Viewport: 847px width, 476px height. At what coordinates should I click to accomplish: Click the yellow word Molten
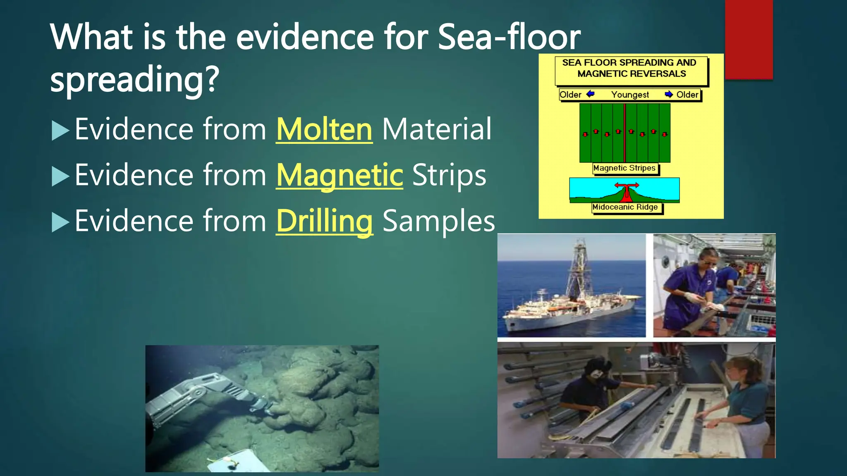tap(324, 130)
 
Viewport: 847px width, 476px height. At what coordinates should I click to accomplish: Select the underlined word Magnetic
tap(339, 176)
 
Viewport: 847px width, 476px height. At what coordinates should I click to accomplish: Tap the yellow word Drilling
tap(324, 221)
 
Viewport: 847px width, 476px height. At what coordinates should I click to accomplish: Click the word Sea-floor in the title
tap(509, 37)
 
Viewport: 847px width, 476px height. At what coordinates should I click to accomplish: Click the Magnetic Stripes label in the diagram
tap(624, 168)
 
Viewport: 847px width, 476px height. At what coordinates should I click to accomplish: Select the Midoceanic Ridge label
tap(625, 207)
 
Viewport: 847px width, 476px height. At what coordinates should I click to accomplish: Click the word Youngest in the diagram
tap(630, 95)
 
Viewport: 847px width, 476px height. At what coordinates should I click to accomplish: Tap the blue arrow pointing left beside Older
tap(591, 94)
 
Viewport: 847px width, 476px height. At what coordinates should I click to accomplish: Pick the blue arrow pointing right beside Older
tap(669, 94)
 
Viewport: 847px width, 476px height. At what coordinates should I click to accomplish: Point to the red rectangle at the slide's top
tap(749, 39)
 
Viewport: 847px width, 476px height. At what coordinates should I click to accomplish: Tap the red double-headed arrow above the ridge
tap(627, 186)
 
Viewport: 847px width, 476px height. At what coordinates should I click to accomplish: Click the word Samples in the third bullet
tap(438, 221)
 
